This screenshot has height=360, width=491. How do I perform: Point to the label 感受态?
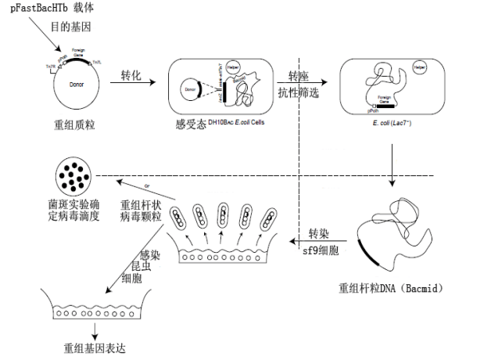[x=191, y=124]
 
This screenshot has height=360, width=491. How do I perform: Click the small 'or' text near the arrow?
[x=147, y=187]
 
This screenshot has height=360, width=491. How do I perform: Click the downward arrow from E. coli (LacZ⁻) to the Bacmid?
[x=392, y=169]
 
